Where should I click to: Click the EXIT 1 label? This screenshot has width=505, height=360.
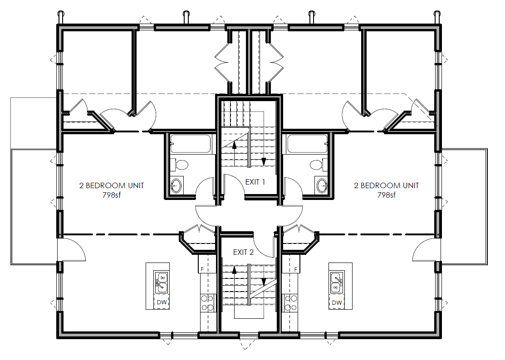(255, 182)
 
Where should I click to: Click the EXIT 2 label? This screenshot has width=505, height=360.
(243, 252)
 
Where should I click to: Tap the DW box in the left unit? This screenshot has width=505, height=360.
(162, 302)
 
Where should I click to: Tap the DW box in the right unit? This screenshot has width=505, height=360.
(336, 302)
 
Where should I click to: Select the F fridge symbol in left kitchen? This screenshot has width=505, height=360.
(202, 269)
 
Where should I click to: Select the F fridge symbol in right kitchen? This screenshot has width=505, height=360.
(295, 269)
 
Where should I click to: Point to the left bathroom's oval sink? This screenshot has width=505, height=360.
(176, 185)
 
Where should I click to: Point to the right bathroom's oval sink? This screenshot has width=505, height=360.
(322, 185)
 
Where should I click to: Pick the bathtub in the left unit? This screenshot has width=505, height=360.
(191, 144)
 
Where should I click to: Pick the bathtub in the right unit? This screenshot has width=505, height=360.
(307, 144)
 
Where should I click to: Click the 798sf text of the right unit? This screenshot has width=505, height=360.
(386, 195)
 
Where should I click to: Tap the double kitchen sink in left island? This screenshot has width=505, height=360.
(162, 282)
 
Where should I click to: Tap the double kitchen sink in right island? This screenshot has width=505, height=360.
(336, 282)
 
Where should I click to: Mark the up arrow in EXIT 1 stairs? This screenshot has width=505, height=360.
(235, 145)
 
